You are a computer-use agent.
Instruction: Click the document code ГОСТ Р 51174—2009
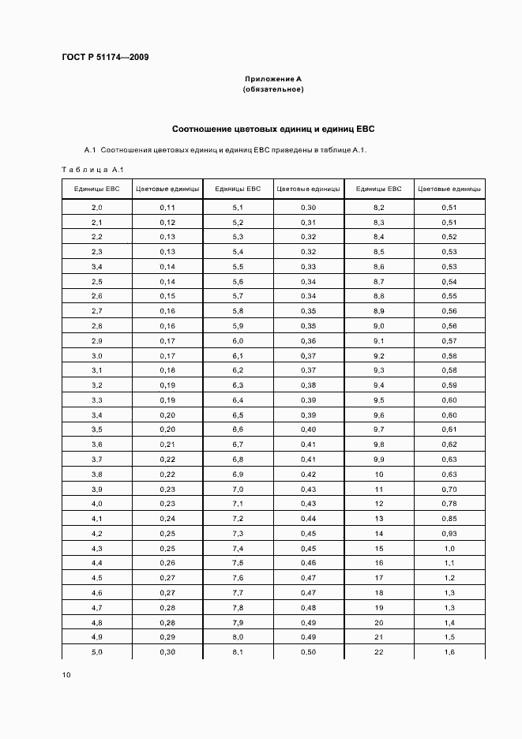click(105, 58)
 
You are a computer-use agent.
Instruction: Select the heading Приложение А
click(272, 79)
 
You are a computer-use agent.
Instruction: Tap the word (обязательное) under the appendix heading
click(272, 89)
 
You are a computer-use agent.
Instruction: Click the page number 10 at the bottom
click(66, 674)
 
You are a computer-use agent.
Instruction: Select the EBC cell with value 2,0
click(96, 208)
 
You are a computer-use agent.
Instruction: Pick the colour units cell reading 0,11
click(167, 208)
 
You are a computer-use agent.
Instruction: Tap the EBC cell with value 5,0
click(96, 652)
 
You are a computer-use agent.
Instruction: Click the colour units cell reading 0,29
click(167, 637)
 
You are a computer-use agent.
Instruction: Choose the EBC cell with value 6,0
click(238, 341)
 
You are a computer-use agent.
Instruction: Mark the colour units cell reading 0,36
click(308, 341)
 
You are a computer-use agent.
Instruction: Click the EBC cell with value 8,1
click(238, 652)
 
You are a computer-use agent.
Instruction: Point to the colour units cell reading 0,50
click(308, 652)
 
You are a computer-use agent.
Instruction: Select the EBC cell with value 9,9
click(378, 460)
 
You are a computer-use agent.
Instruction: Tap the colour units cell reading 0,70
click(449, 489)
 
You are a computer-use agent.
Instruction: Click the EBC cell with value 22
click(378, 652)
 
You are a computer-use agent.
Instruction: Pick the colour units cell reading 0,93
click(449, 534)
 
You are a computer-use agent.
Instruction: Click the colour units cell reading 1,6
click(449, 652)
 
